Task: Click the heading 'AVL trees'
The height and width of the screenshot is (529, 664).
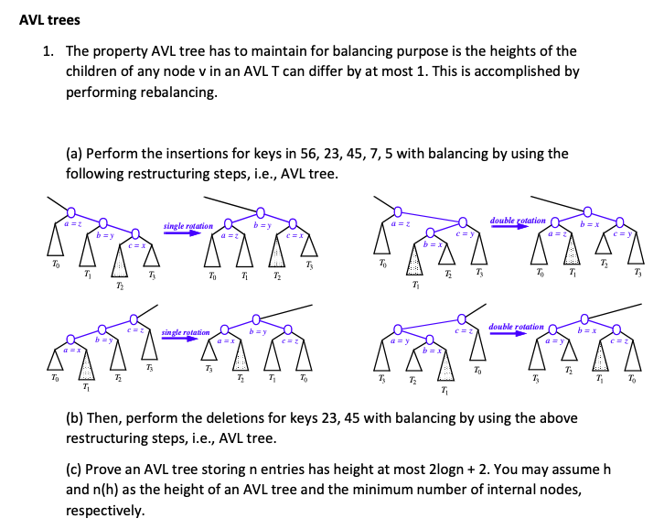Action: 49,19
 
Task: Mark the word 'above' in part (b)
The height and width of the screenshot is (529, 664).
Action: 559,417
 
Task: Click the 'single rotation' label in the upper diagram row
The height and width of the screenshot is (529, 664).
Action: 187,226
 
